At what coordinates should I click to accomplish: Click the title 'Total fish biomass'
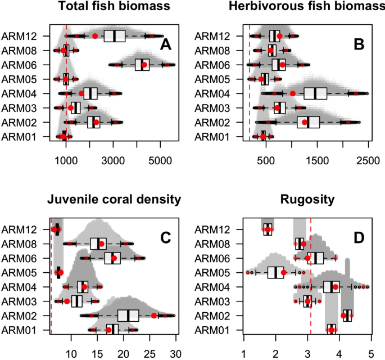click(106, 8)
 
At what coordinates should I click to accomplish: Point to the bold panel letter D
click(357, 237)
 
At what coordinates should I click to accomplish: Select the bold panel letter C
click(165, 237)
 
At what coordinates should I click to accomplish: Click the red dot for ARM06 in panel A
click(144, 65)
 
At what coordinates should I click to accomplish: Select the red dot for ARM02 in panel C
click(153, 316)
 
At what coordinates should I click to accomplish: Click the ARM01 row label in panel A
click(20, 137)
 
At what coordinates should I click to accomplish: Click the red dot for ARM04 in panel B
click(292, 93)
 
